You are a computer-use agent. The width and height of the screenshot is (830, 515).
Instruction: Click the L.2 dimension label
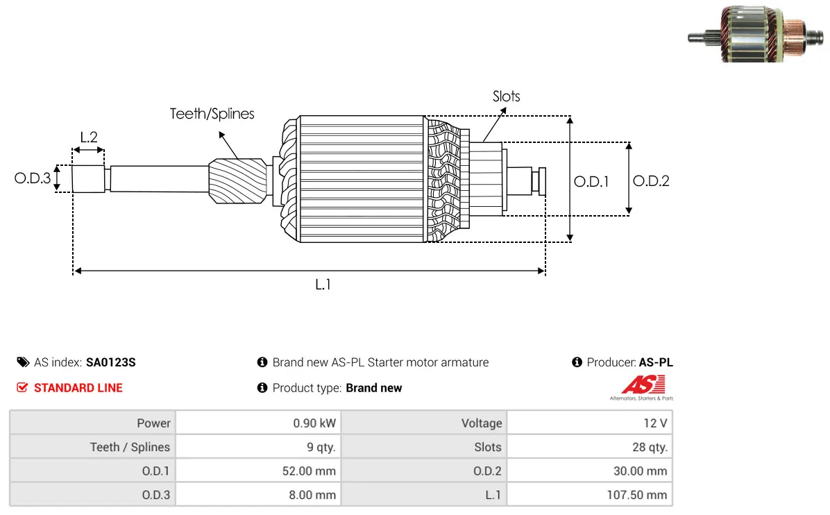click(x=89, y=137)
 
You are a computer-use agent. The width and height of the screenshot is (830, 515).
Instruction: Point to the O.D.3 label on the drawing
click(x=33, y=178)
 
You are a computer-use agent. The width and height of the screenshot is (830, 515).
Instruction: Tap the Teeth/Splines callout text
click(x=212, y=114)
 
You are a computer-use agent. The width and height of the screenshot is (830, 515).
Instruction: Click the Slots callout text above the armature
click(x=507, y=96)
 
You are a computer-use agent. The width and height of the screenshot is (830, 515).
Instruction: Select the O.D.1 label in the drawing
click(x=591, y=182)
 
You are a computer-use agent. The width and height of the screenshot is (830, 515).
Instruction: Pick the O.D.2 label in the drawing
click(x=651, y=181)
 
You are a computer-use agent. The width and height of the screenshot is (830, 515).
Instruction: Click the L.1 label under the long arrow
click(x=323, y=285)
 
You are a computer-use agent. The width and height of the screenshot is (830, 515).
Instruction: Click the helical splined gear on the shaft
click(x=237, y=180)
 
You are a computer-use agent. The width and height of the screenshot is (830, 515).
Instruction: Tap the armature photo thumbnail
click(x=755, y=35)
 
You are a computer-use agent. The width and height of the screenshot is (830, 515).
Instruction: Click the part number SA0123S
click(x=110, y=362)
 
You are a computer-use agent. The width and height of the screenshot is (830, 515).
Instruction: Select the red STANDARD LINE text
click(x=78, y=388)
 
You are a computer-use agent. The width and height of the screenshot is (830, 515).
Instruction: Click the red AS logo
click(x=643, y=385)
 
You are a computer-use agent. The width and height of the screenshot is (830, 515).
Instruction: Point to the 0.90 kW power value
click(x=314, y=423)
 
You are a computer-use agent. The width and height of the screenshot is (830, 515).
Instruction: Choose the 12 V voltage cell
click(x=655, y=423)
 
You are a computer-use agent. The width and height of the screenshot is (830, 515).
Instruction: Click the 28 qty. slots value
click(x=650, y=447)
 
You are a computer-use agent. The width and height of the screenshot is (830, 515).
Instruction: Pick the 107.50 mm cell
click(x=637, y=495)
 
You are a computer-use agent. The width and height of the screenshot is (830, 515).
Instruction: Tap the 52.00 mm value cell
click(x=309, y=471)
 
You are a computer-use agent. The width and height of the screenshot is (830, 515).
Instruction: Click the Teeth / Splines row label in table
click(x=130, y=447)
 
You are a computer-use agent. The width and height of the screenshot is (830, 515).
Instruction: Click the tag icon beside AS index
click(x=24, y=362)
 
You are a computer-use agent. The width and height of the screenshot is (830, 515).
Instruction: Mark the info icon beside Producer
click(x=577, y=362)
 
